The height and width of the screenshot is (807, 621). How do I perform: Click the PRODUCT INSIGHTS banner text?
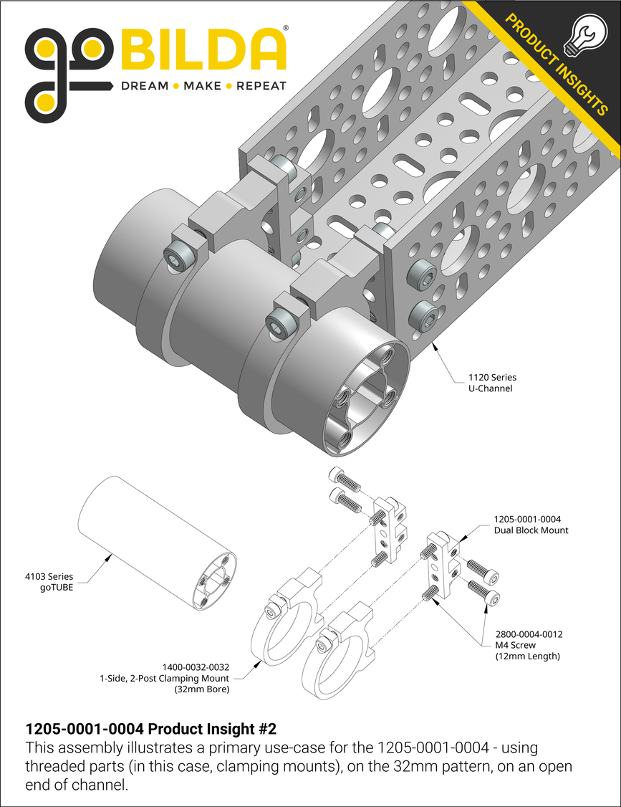556,64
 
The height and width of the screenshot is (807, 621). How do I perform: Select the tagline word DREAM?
144,86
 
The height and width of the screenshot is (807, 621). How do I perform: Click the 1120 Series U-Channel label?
492,383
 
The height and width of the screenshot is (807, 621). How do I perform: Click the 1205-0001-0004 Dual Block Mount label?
531,525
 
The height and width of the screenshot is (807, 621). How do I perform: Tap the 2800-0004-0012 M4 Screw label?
529,645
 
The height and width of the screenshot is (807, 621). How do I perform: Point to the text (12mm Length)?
527,656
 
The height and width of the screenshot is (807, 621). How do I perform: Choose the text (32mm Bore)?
202,689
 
